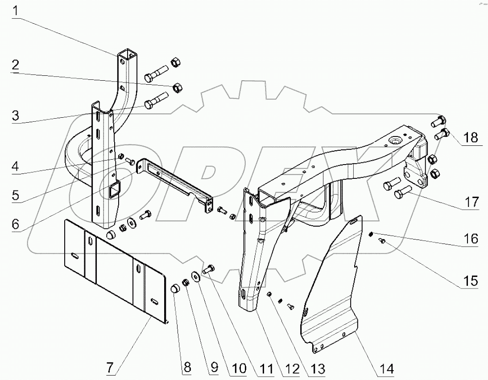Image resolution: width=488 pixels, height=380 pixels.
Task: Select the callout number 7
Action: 112,369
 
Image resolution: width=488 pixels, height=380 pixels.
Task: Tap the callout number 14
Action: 387,369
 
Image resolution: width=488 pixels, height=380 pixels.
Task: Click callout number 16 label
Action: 471,239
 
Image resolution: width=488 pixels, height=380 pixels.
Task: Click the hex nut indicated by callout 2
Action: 176,87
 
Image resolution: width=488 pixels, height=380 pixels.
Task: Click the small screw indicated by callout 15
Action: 381,241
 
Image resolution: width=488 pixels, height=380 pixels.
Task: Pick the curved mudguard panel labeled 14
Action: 332,290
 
